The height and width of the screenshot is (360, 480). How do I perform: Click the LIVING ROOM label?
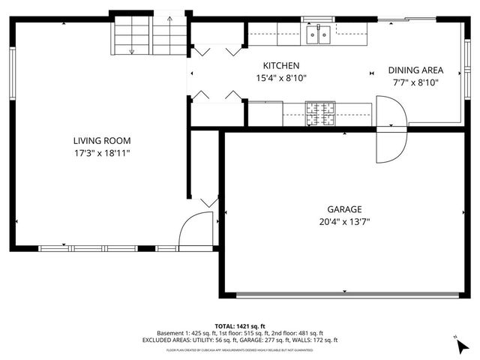click(102, 140)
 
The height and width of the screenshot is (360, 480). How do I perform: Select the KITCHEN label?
click(281, 66)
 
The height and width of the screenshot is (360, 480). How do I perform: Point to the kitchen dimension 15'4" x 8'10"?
click(281, 77)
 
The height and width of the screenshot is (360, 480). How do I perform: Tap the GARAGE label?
click(344, 209)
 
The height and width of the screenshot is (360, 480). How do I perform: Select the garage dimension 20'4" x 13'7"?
click(344, 221)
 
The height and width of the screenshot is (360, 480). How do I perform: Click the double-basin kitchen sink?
click(319, 34)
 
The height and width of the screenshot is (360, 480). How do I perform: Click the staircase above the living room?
click(148, 35)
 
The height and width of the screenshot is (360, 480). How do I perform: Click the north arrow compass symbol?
click(459, 344)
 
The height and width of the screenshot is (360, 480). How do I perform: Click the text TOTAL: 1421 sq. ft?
click(240, 325)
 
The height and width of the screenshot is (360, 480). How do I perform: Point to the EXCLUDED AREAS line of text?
click(240, 340)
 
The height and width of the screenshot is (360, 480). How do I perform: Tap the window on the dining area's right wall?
click(462, 71)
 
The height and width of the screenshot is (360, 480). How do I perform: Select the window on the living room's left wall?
click(12, 71)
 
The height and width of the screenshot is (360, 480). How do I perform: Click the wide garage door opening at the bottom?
click(344, 293)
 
